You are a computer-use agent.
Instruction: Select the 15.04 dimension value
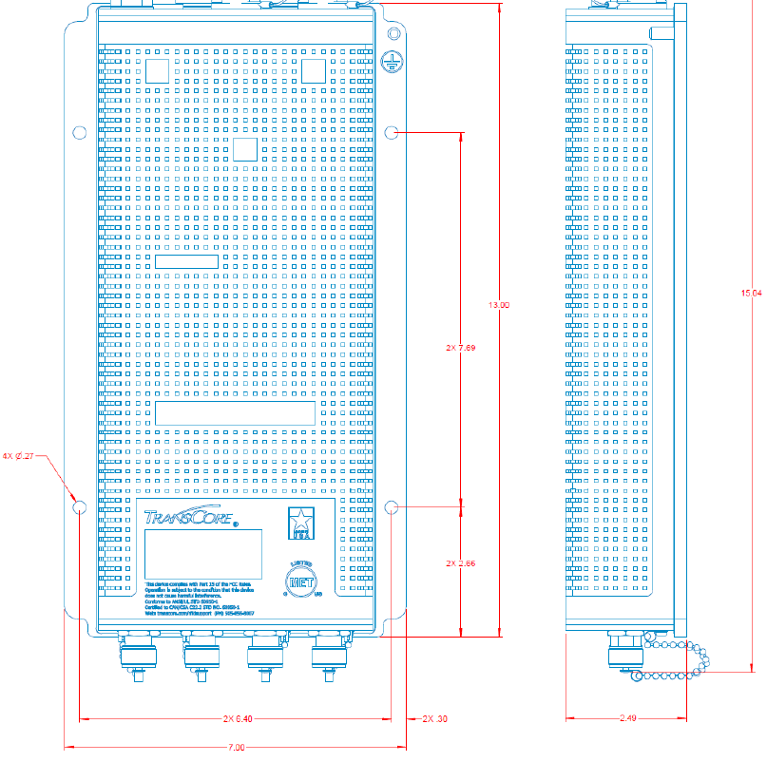click(x=751, y=294)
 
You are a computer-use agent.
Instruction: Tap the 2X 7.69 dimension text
click(x=460, y=349)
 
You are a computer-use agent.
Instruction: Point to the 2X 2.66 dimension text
click(x=460, y=563)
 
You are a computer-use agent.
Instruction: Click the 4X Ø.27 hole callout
click(x=19, y=457)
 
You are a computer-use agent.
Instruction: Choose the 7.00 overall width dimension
click(x=237, y=748)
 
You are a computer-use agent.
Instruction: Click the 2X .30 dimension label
click(x=434, y=718)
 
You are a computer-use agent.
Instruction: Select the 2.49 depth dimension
click(x=627, y=718)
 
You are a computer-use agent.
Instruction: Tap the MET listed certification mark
click(x=301, y=578)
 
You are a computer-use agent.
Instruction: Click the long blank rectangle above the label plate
click(x=235, y=412)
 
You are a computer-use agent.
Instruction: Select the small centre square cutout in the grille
click(x=245, y=149)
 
